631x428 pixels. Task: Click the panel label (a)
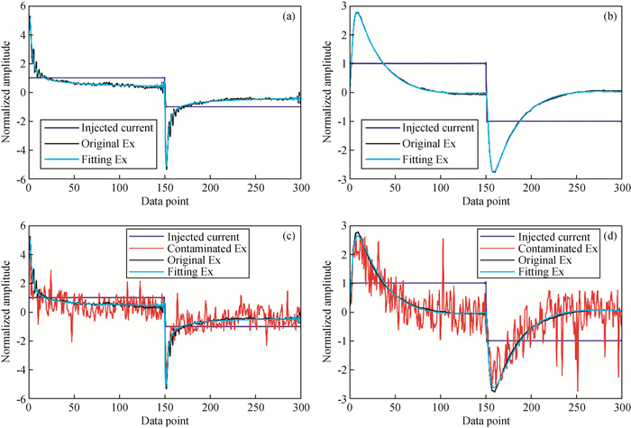tap(282, 16)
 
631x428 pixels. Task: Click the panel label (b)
tap(604, 16)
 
